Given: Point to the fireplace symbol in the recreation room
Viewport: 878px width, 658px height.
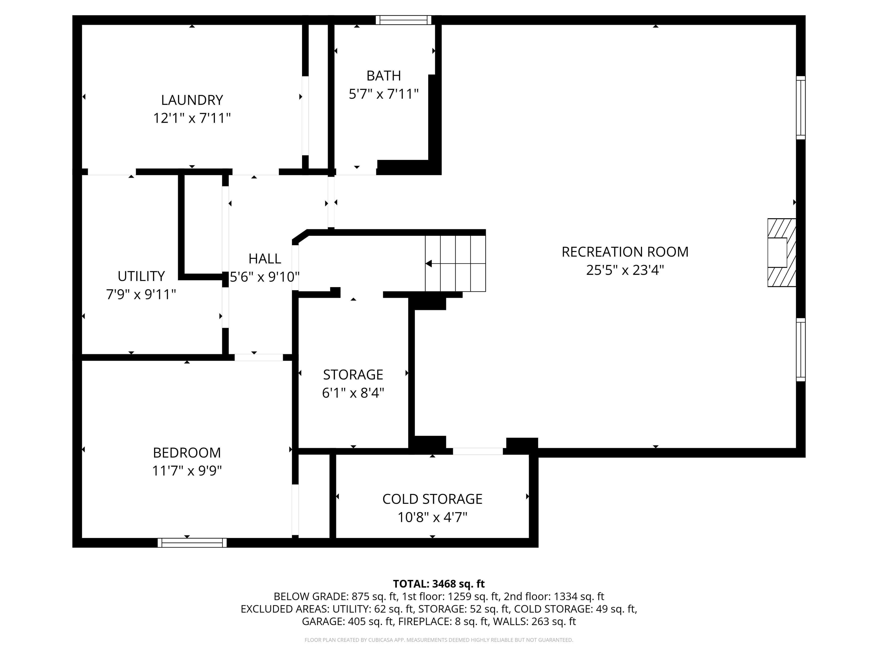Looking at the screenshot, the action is [x=782, y=253].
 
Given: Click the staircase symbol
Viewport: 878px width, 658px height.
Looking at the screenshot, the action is [x=455, y=263].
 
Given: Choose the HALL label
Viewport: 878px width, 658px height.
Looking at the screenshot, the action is [x=265, y=259].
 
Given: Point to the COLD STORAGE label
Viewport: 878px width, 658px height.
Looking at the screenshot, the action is [x=432, y=499].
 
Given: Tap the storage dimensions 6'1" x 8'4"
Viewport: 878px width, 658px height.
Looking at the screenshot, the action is [x=353, y=393].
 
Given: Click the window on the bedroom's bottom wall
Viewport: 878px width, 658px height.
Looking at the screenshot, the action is [x=192, y=543].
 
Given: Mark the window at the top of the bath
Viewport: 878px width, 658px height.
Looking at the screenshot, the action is [x=403, y=20].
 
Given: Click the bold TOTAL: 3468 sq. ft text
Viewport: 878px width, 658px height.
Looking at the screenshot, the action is [x=439, y=584].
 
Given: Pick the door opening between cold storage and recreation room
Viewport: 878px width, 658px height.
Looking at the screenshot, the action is [x=478, y=451].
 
